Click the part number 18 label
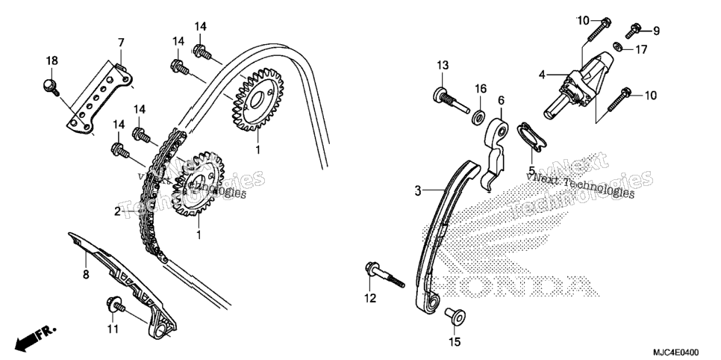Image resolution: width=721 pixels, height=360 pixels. (x=52, y=60)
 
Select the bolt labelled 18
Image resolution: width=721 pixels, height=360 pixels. (x=51, y=87)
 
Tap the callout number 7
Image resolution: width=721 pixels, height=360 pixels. (x=121, y=43)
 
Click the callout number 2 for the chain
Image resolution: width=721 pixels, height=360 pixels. (x=118, y=211)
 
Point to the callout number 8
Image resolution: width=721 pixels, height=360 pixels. (x=86, y=275)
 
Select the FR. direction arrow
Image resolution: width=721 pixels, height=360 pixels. (x=35, y=337)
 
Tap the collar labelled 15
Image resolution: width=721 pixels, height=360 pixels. (x=455, y=317)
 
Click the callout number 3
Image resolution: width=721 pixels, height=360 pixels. (x=417, y=190)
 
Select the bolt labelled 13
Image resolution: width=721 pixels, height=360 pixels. (x=451, y=100)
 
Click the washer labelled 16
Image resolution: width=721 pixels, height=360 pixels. (x=478, y=117)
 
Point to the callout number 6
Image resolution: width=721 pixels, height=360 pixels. (x=501, y=100)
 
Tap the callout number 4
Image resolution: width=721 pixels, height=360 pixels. (x=542, y=75)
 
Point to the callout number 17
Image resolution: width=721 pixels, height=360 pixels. (x=641, y=49)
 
